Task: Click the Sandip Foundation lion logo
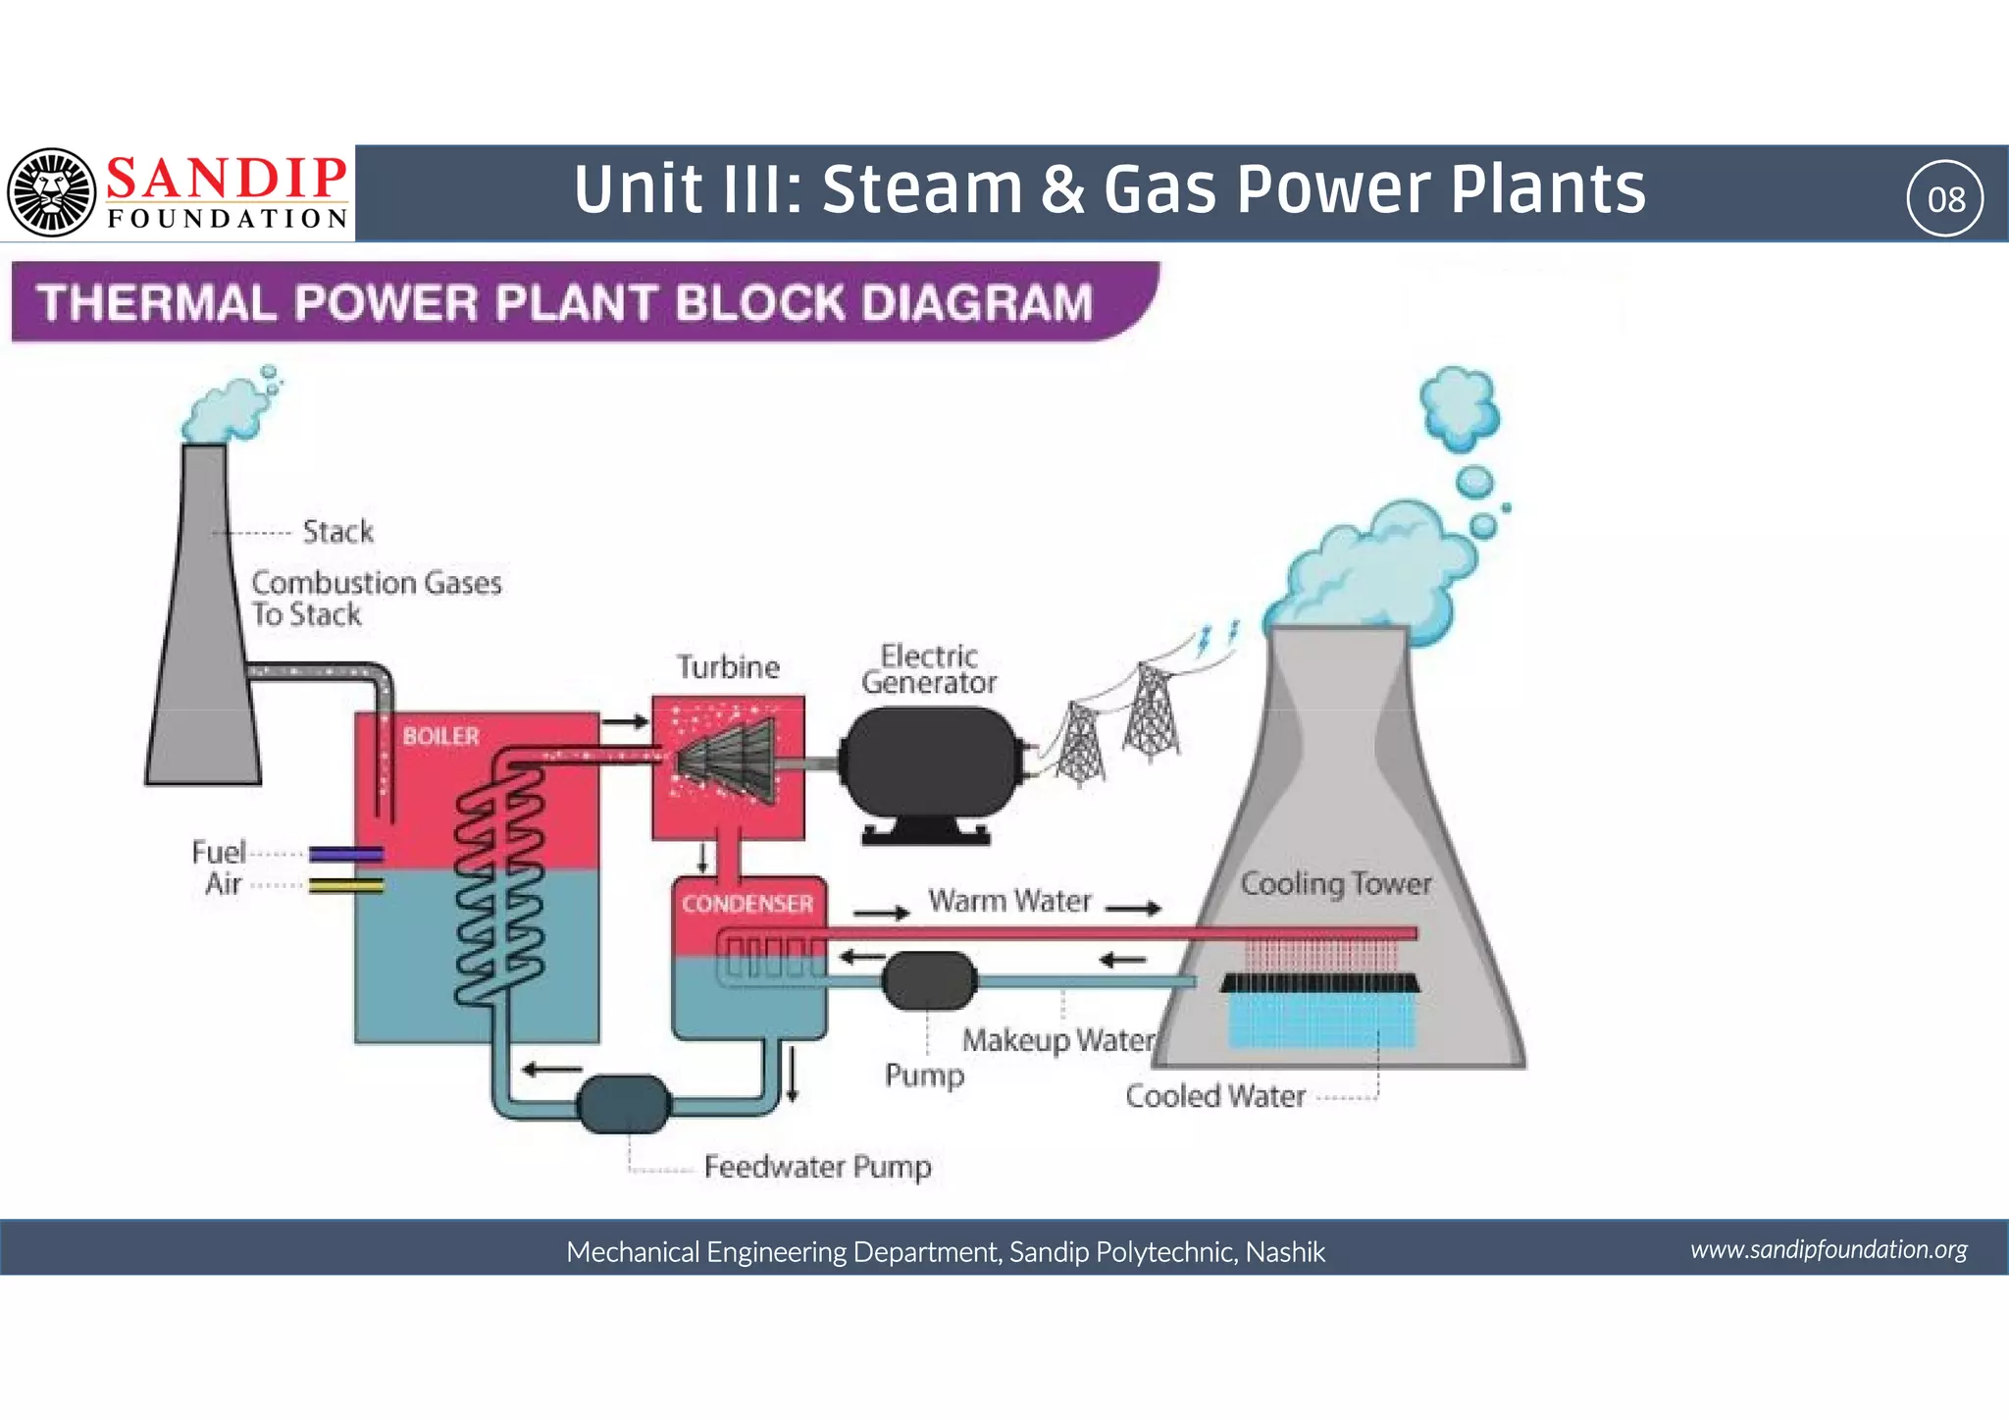coord(51,192)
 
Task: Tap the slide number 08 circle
coord(1945,199)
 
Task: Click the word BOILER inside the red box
coord(440,736)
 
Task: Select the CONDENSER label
coord(747,904)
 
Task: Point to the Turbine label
coord(728,667)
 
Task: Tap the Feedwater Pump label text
coord(817,1167)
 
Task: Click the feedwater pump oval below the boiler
coord(624,1104)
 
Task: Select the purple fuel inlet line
coord(345,854)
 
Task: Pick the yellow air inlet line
coord(345,885)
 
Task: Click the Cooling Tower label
coord(1335,883)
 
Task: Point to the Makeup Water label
coord(1058,1040)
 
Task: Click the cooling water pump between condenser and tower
coord(928,980)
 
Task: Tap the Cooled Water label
coord(1214,1096)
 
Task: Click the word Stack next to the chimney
coord(337,532)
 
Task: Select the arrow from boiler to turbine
coord(625,722)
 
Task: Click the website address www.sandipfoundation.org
coord(1828,1249)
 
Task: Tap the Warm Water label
coord(1009,901)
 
